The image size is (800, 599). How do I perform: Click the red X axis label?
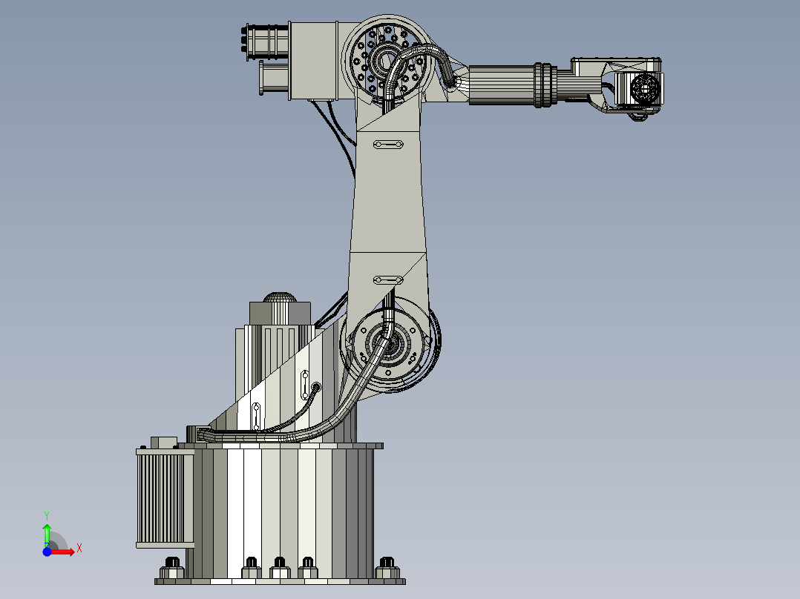(x=79, y=548)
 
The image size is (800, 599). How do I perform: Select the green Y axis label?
(x=46, y=514)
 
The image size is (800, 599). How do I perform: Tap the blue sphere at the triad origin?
(x=46, y=552)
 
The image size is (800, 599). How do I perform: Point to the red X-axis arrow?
(x=65, y=552)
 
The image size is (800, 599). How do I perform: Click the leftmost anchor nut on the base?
(x=173, y=567)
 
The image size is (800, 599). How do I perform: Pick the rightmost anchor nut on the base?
(x=386, y=567)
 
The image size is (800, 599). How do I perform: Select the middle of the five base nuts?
(x=280, y=567)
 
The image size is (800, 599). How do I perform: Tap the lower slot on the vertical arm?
(x=387, y=279)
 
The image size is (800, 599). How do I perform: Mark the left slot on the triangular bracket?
(x=257, y=417)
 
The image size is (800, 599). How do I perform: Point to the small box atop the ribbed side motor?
(x=164, y=443)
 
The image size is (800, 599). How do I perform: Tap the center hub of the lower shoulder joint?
(x=389, y=346)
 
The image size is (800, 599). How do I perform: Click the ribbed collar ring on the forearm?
(x=544, y=85)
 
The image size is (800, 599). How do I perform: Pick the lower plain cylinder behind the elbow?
(x=273, y=78)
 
